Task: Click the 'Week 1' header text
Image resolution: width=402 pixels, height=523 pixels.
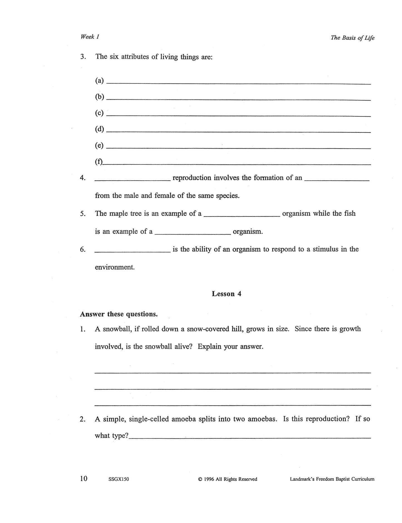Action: (90, 37)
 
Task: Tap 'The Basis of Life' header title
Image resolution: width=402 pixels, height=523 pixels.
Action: (352, 38)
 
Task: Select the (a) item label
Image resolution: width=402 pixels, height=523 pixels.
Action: (99, 81)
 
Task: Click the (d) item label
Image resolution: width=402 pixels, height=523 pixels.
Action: (99, 129)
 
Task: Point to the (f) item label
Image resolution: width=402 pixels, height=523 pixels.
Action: (99, 162)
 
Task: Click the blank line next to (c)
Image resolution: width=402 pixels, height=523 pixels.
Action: (238, 115)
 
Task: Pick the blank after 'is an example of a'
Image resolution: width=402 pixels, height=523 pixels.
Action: (193, 234)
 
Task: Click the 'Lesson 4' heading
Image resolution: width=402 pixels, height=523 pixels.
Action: (226, 294)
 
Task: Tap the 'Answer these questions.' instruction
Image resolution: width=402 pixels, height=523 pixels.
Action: (119, 314)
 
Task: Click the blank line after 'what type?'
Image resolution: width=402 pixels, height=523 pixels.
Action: (250, 438)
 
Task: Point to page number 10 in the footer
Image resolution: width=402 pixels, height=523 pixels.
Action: (84, 478)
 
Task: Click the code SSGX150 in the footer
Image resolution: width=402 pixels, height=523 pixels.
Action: (119, 479)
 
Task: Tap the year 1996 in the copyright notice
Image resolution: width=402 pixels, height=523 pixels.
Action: (209, 479)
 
